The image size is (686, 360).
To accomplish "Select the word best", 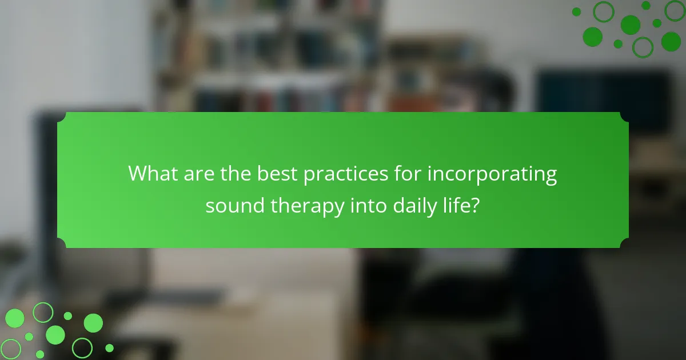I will pyautogui.click(x=276, y=174).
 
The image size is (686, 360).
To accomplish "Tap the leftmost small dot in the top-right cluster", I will pyautogui.click(x=576, y=11).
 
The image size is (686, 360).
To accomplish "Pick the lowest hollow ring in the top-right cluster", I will pyautogui.click(x=643, y=47).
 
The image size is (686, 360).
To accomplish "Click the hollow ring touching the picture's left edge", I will pyautogui.click(x=10, y=349).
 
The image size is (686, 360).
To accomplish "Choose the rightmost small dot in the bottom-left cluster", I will pyautogui.click(x=109, y=347).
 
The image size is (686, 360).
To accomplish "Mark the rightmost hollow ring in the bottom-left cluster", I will pyautogui.click(x=82, y=347).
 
